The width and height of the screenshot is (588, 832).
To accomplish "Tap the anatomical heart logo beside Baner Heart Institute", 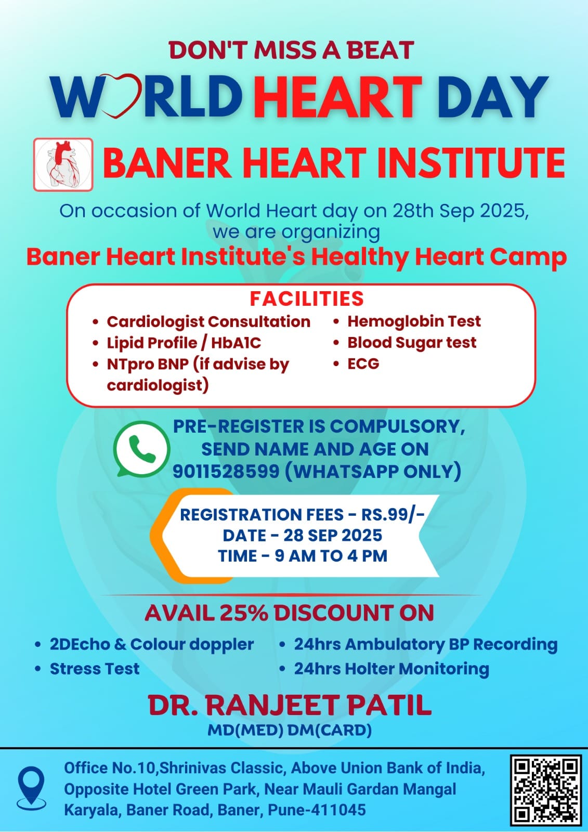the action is point(63,164).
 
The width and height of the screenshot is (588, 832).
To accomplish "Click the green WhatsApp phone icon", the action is point(141,449).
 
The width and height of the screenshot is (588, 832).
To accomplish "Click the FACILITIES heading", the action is point(306,298).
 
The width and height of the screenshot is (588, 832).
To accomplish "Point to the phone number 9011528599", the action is point(226,471).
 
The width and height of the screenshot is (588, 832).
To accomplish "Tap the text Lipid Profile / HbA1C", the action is point(184,343).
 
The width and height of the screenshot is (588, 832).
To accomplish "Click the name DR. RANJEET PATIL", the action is point(290,705).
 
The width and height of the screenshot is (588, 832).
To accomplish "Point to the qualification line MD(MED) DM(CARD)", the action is point(290,730).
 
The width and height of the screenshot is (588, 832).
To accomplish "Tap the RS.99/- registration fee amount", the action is point(393,514).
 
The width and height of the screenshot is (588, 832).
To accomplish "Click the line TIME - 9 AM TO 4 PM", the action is point(303,556).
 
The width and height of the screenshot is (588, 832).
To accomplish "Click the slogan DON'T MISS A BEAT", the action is point(292,50).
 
